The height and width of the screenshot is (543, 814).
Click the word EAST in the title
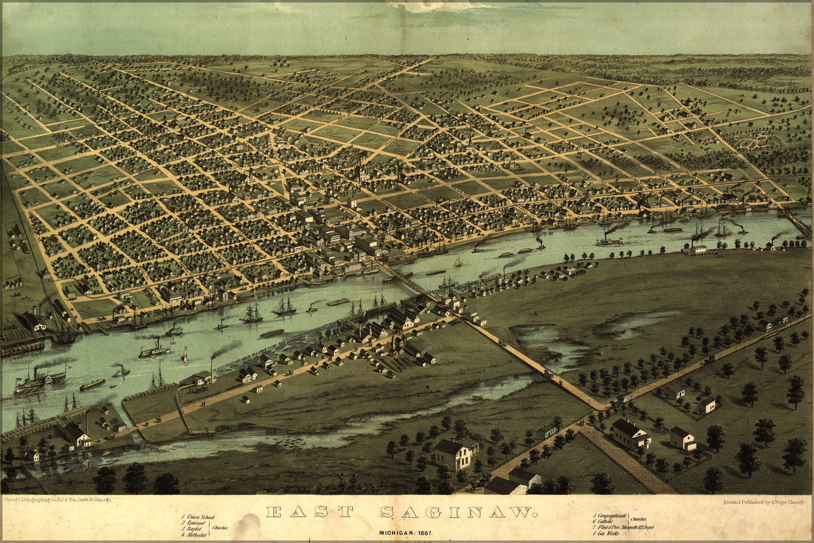(x=310, y=512)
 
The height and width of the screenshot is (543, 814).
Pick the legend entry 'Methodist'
(x=196, y=535)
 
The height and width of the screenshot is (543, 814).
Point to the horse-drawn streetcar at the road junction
(x=626, y=397)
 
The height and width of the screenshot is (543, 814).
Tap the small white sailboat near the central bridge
(x=458, y=263)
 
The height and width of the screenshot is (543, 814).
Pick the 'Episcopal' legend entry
(x=197, y=523)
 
